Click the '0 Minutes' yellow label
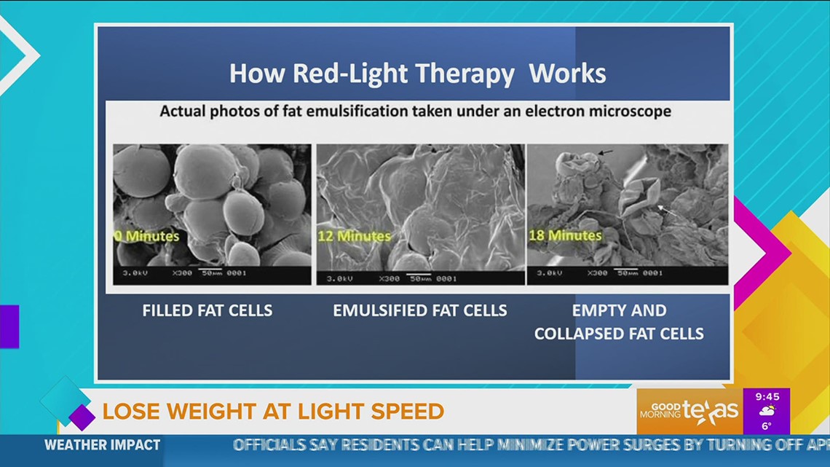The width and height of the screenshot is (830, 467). (147, 236)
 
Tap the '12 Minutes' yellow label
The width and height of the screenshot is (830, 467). (354, 236)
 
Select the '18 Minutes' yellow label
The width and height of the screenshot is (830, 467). (565, 235)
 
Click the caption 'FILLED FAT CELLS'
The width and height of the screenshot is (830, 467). (207, 310)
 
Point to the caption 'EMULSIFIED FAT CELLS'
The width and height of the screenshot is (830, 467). (420, 310)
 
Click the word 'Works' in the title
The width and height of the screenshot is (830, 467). (567, 74)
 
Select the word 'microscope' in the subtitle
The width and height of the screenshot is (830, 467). (631, 112)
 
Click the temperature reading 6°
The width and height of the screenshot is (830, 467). (766, 425)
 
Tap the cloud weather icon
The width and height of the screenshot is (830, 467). (767, 410)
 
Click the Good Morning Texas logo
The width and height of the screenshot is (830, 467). (689, 410)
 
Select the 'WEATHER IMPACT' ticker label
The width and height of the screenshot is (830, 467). (102, 445)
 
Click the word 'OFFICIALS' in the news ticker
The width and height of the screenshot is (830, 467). (277, 445)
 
